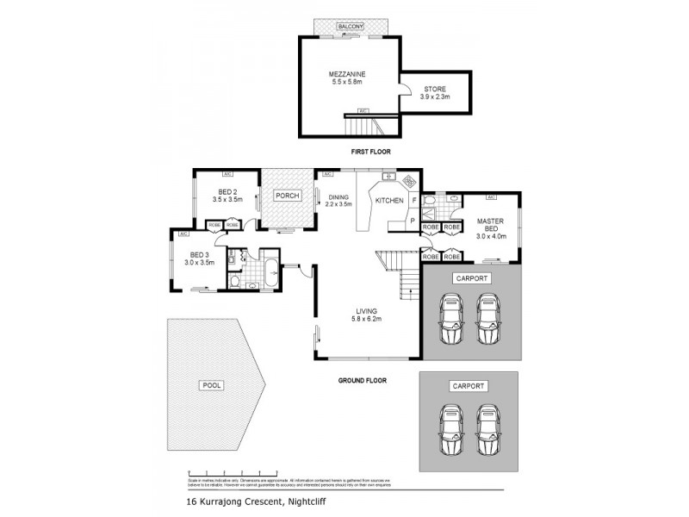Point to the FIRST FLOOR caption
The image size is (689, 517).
tap(370, 152)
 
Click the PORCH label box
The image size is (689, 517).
tap(287, 196)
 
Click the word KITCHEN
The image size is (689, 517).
tap(388, 201)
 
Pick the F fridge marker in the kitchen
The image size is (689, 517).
tap(414, 201)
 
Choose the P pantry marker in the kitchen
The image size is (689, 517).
tap(414, 220)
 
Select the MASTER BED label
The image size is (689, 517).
tap(490, 226)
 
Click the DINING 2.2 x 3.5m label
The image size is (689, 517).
tap(338, 201)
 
